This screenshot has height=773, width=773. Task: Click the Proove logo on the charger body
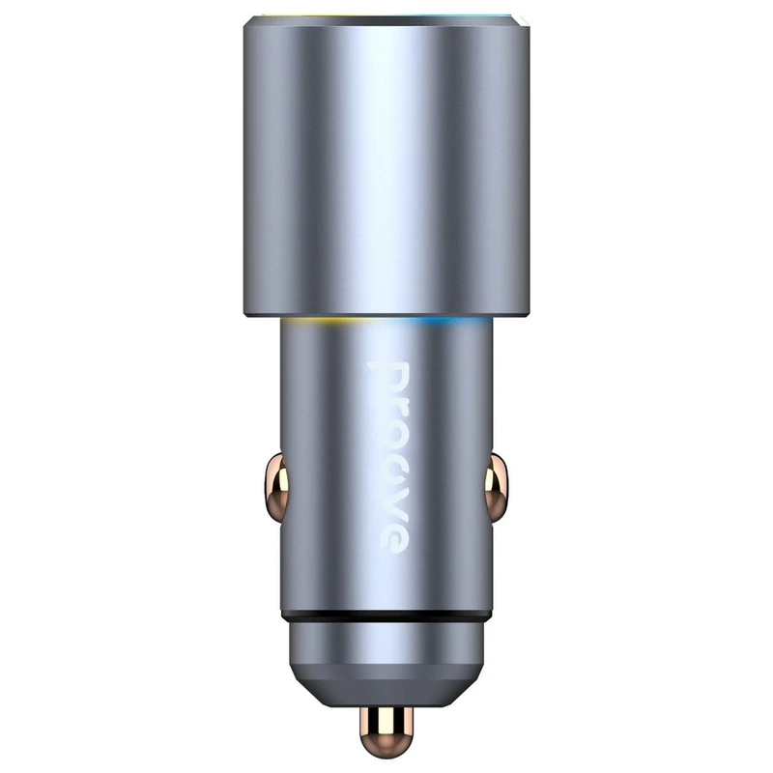point(389,457)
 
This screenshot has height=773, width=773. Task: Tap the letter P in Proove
point(388,379)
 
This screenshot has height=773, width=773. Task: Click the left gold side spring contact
point(276,488)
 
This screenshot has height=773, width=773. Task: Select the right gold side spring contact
point(496,488)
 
